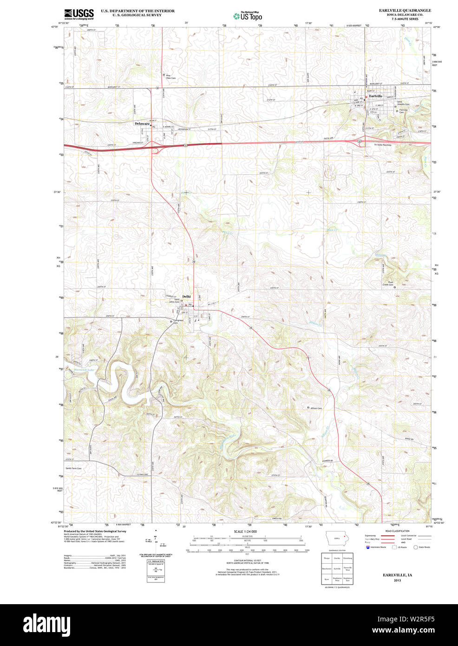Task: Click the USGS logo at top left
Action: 79,13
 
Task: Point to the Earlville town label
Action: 376,96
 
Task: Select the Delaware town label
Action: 142,124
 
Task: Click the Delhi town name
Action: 186,297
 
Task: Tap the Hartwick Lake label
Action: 84,370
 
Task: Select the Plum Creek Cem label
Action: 387,283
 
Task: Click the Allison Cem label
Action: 316,408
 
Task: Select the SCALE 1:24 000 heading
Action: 245,531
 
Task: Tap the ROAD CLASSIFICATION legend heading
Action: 397,531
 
